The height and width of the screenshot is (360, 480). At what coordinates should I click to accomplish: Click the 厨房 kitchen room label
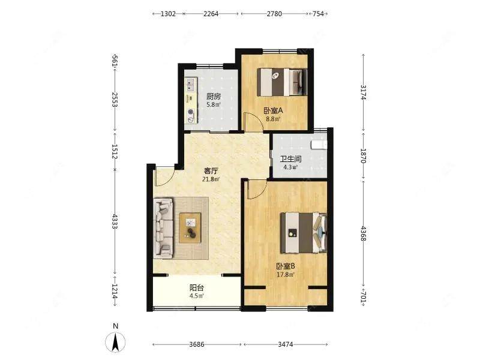[213, 97]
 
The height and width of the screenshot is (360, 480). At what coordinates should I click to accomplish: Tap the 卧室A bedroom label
[273, 110]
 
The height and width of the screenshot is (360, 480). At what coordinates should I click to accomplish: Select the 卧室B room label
[286, 266]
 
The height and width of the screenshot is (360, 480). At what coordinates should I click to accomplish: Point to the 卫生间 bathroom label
[291, 159]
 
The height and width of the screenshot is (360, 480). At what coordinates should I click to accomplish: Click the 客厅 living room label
[211, 171]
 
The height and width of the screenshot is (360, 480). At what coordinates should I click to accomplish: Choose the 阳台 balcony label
[197, 288]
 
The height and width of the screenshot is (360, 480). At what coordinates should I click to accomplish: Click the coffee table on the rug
[190, 228]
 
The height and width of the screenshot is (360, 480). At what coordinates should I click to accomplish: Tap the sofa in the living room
[163, 228]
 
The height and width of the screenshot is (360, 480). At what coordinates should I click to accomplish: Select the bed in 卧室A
[281, 82]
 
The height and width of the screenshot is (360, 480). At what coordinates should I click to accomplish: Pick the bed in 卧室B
[304, 233]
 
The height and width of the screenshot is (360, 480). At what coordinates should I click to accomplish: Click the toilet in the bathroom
[319, 145]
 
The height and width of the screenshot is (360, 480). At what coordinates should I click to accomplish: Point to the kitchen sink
[191, 85]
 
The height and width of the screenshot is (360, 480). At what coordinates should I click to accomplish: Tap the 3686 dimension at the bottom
[197, 344]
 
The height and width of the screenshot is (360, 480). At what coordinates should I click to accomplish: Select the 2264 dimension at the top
[211, 14]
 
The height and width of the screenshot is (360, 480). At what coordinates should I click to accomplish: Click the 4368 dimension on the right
[364, 233]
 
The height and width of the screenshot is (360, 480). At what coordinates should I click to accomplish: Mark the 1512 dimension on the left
[115, 152]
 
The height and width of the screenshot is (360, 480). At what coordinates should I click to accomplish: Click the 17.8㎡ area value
[286, 275]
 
